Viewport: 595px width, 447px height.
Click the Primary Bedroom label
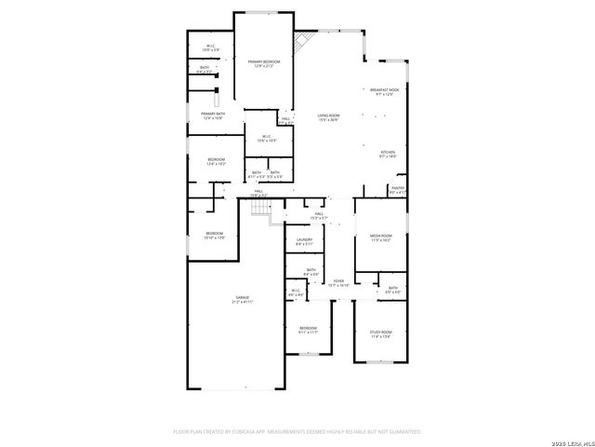[264, 64]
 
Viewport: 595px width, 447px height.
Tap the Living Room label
[327, 117]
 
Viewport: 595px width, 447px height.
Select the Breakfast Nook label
[385, 92]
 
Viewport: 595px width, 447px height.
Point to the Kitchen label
[387, 155]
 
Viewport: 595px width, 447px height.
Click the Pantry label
[397, 190]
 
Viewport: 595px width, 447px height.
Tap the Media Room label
[380, 237]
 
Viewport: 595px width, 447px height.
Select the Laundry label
[304, 242]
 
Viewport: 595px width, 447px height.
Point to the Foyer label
[338, 282]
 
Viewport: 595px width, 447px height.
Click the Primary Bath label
[213, 115]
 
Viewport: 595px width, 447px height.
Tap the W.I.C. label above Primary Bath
[211, 47]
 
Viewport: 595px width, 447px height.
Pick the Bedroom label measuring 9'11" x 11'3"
[308, 330]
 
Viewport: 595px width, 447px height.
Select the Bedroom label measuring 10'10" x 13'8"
[215, 235]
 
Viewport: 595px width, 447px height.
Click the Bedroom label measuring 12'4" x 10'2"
[216, 161]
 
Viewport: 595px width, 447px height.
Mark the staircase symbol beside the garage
[261, 211]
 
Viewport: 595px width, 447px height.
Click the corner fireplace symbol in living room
[302, 43]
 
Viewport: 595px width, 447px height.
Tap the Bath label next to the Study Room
[393, 290]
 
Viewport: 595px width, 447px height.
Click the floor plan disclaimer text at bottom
[297, 432]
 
